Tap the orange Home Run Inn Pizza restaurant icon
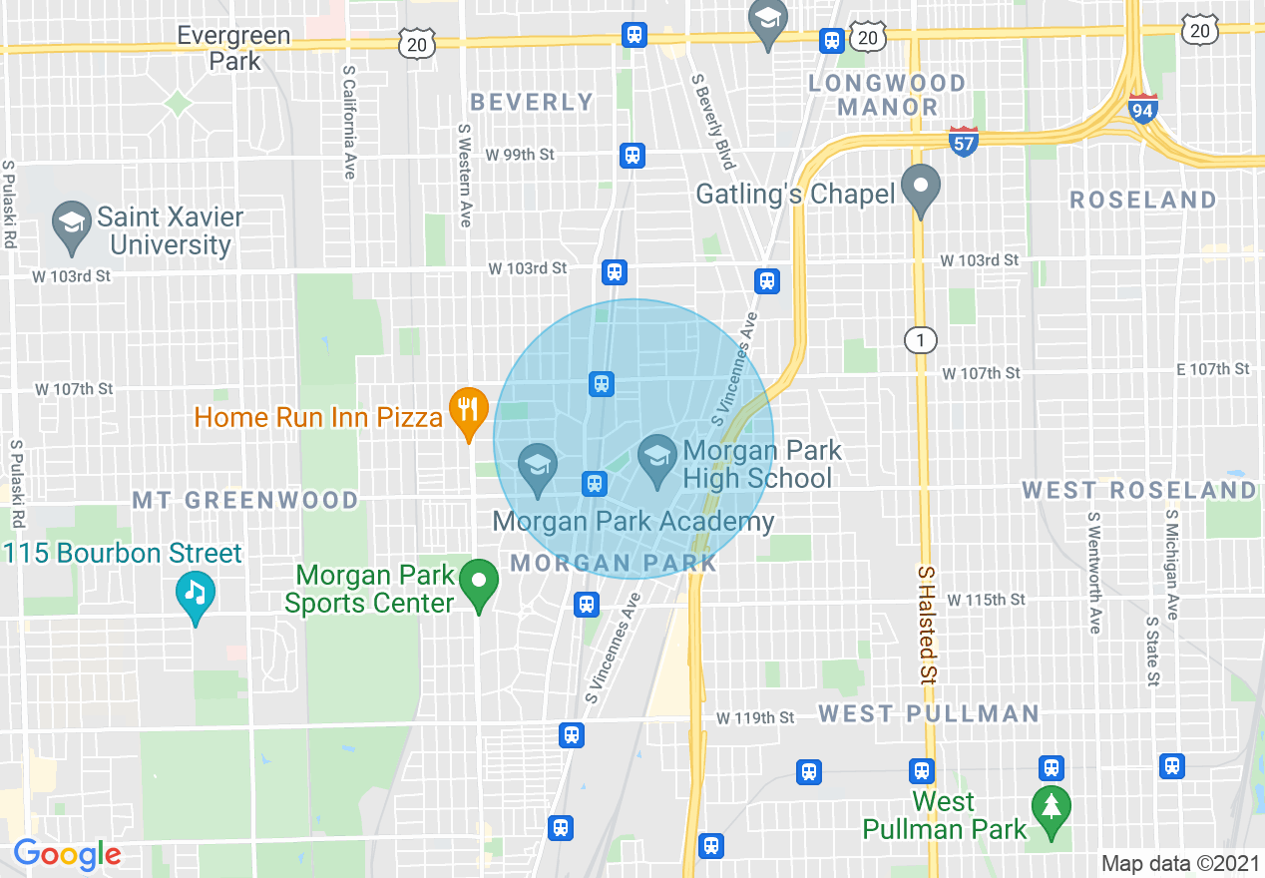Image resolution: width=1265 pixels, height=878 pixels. tap(467, 410)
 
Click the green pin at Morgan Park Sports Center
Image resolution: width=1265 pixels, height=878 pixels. tap(480, 583)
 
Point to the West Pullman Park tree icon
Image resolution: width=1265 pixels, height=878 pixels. tap(1050, 805)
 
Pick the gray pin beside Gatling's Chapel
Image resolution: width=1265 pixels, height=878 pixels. tap(921, 187)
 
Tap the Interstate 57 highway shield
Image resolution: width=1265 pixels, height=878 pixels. tap(963, 141)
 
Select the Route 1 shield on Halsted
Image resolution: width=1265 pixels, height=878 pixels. tap(920, 341)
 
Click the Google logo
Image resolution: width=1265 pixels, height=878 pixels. tap(67, 854)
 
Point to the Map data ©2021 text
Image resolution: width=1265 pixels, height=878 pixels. tap(1179, 863)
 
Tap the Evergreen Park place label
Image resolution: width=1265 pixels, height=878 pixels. tap(233, 48)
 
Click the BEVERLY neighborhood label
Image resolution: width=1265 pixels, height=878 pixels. tap(532, 102)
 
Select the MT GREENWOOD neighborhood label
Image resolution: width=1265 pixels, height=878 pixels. tap(245, 500)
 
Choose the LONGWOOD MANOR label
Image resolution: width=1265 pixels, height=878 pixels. tap(887, 95)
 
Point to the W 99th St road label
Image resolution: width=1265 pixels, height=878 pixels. tap(520, 155)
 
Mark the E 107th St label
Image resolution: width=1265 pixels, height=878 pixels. tap(1212, 369)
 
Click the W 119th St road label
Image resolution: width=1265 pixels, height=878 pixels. tap(756, 717)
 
